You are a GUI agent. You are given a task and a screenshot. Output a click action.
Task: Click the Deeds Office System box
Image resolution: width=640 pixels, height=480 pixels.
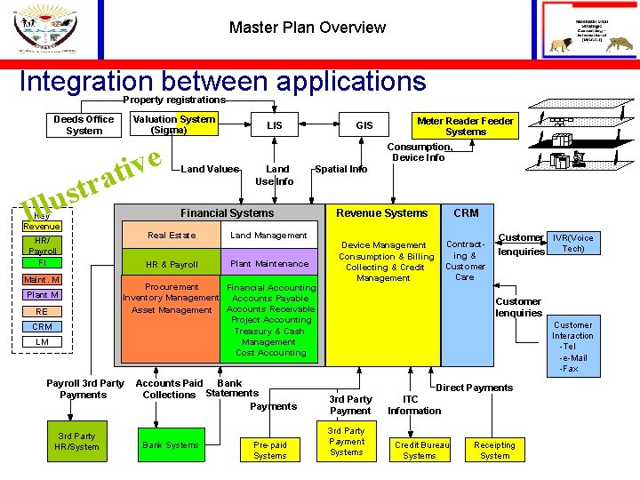pyautogui.click(x=84, y=125)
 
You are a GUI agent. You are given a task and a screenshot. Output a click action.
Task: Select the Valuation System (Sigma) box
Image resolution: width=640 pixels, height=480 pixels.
pyautogui.click(x=173, y=124)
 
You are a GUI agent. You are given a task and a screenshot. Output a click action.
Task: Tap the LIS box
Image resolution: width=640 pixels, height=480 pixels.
pyautogui.click(x=274, y=125)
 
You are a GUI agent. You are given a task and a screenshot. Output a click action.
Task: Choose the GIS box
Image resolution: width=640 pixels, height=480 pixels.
pyautogui.click(x=364, y=125)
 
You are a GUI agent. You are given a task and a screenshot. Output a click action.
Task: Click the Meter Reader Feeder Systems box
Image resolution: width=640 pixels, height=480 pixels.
pyautogui.click(x=465, y=125)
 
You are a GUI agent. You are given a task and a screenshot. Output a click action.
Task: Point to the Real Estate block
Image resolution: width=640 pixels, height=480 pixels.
pyautogui.click(x=172, y=236)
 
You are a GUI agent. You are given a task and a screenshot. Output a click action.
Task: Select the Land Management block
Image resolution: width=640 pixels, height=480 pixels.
pyautogui.click(x=268, y=236)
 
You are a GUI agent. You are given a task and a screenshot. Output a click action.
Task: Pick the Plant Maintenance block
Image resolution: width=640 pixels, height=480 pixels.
pyautogui.click(x=268, y=264)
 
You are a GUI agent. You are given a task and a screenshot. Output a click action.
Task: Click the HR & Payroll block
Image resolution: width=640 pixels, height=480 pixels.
pyautogui.click(x=172, y=264)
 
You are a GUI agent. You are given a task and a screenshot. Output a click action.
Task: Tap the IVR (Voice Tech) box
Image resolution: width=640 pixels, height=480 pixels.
pyautogui.click(x=573, y=243)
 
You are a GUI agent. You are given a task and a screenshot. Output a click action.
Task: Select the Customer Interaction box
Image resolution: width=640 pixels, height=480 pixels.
pyautogui.click(x=572, y=347)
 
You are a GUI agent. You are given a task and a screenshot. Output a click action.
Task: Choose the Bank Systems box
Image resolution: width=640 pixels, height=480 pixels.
pyautogui.click(x=170, y=444)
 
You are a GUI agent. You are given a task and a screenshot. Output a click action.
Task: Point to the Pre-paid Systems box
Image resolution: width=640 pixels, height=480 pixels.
pyautogui.click(x=269, y=450)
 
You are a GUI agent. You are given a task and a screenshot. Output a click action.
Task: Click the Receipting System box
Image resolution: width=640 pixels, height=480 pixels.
pyautogui.click(x=495, y=450)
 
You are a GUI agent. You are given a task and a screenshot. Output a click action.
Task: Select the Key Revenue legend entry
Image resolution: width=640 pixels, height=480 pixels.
pyautogui.click(x=42, y=221)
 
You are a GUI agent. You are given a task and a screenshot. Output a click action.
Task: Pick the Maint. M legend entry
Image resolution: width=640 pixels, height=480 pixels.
pyautogui.click(x=42, y=280)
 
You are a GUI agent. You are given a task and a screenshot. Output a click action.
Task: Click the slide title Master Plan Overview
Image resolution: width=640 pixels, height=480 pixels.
pyautogui.click(x=307, y=28)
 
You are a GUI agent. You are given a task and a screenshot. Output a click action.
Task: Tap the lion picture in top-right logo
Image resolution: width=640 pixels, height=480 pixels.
pyautogui.click(x=562, y=44)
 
